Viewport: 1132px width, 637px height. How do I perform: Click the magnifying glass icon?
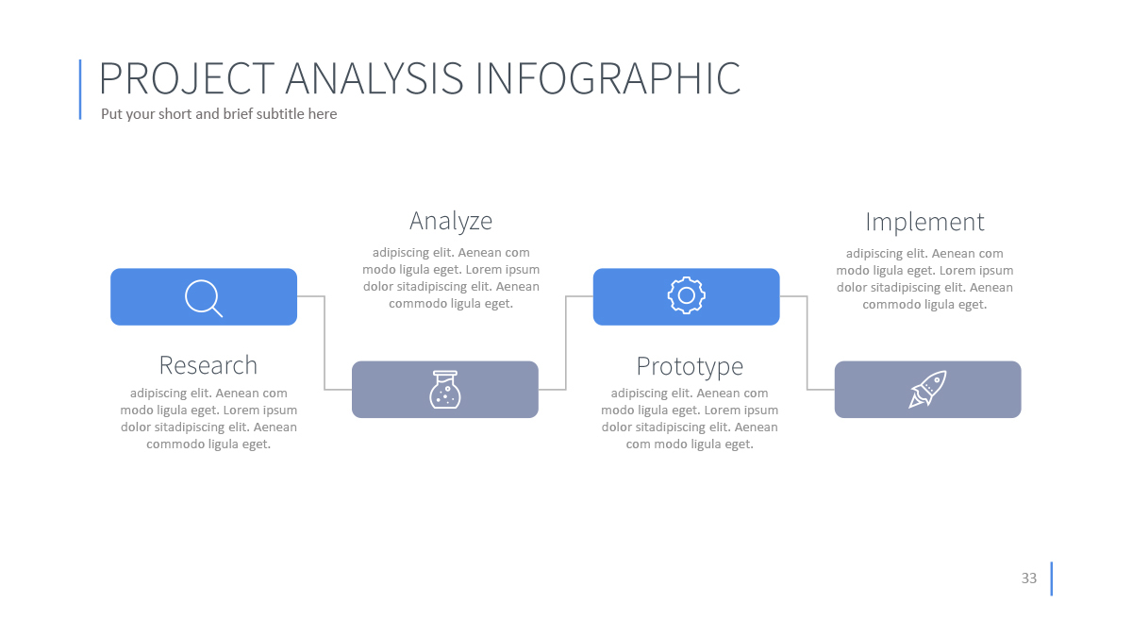pos(203,297)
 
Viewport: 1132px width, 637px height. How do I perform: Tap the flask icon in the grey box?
pos(445,389)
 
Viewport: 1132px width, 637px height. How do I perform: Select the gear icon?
pos(687,296)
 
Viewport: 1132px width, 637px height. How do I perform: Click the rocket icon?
pos(927,389)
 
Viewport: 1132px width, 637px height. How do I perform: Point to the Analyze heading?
pos(451,221)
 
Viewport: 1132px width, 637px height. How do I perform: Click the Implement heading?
pos(924,222)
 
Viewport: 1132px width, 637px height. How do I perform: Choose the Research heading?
pos(208,365)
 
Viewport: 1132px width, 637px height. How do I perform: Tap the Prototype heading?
pos(690,366)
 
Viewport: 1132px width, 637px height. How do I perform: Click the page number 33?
pos(1028,578)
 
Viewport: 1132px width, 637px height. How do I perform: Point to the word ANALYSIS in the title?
pos(375,78)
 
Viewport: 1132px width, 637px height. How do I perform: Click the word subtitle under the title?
pos(277,114)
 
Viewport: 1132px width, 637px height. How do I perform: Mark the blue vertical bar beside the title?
pos(80,89)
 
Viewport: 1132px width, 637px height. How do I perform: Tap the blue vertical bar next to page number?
pos(1051,578)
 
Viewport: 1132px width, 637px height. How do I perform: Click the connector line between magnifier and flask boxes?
pos(325,344)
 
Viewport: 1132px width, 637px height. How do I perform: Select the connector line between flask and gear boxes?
pos(566,344)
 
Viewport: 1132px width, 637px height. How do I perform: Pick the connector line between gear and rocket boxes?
pos(807,344)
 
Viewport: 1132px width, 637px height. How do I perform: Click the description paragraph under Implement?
pos(924,278)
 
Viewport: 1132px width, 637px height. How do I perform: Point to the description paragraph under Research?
pos(208,418)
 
